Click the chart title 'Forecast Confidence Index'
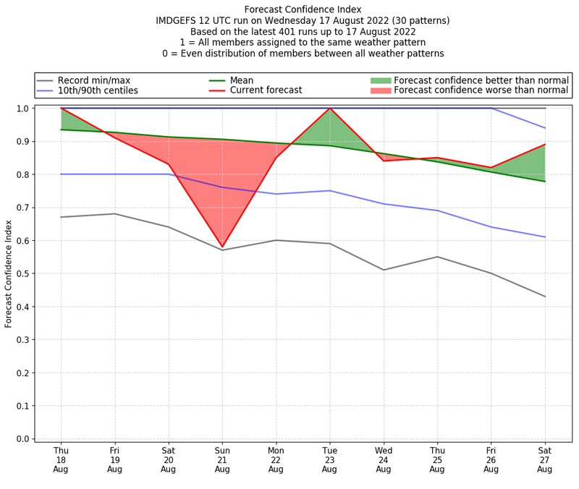pyautogui.click(x=303, y=9)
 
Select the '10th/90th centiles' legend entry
pyautogui.click(x=98, y=91)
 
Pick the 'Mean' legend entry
pyautogui.click(x=241, y=80)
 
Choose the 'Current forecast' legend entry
pyautogui.click(x=266, y=91)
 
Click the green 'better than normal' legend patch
pyautogui.click(x=380, y=80)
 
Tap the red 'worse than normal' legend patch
pyautogui.click(x=380, y=91)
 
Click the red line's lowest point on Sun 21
pyautogui.click(x=222, y=247)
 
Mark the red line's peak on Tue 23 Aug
pyautogui.click(x=330, y=109)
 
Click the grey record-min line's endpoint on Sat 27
pyautogui.click(x=545, y=297)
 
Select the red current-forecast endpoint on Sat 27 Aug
pyautogui.click(x=545, y=145)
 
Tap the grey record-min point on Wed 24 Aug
pyautogui.click(x=384, y=270)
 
